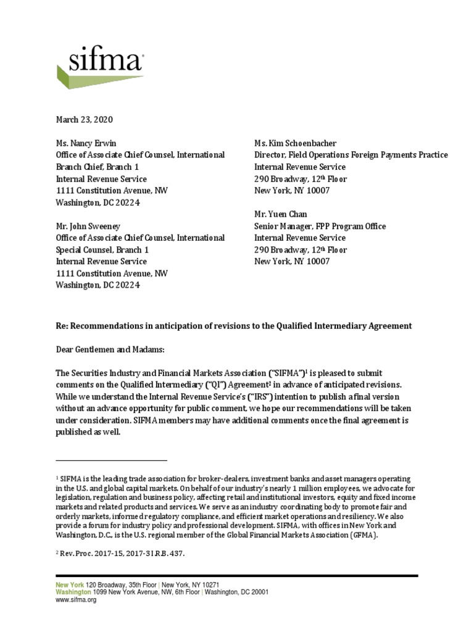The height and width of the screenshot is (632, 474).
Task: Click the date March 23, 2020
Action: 85,120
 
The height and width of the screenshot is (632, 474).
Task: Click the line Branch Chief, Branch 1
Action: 98,167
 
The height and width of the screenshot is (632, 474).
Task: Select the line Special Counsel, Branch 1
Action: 102,250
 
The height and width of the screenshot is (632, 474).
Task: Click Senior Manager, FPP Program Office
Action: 320,226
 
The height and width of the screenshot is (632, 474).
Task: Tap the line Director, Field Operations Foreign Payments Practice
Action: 351,155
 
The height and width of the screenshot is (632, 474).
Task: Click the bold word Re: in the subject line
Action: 63,325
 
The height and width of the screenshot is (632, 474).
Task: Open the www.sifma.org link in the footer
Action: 76,599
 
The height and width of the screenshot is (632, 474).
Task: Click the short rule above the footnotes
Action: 111,460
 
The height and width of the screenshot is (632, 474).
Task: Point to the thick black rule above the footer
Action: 237,576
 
